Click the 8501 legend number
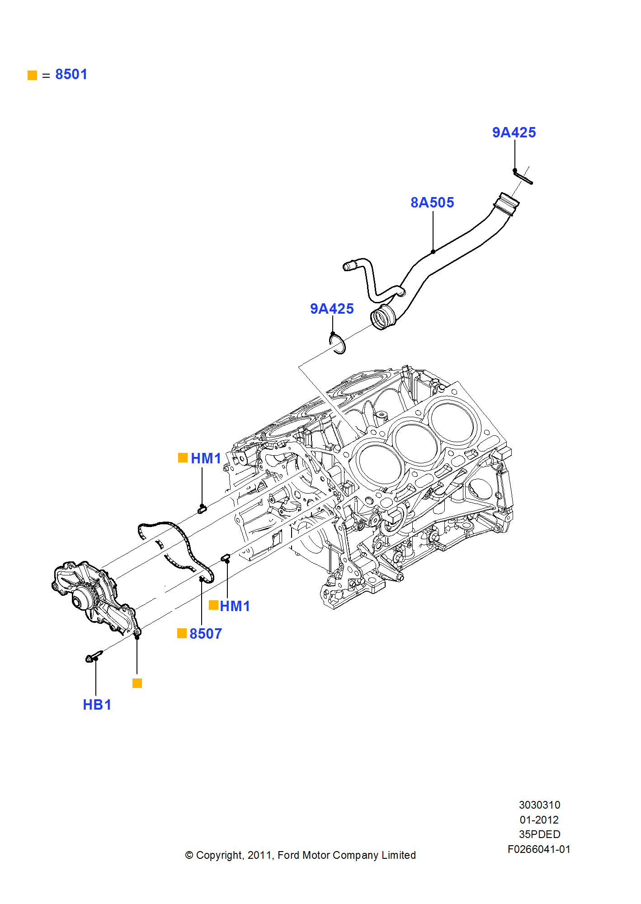(71, 74)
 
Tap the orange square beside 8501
(32, 75)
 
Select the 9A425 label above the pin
(514, 132)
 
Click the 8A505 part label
(432, 202)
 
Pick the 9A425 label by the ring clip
(332, 309)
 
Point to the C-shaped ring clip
(338, 344)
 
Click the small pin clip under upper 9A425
(523, 177)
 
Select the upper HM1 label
(206, 458)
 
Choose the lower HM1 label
(235, 606)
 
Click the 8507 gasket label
(206, 634)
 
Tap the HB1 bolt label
(97, 705)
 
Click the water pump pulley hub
(81, 599)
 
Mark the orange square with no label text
(137, 683)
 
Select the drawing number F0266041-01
(539, 849)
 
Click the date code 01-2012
(539, 819)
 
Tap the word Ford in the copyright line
(288, 855)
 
